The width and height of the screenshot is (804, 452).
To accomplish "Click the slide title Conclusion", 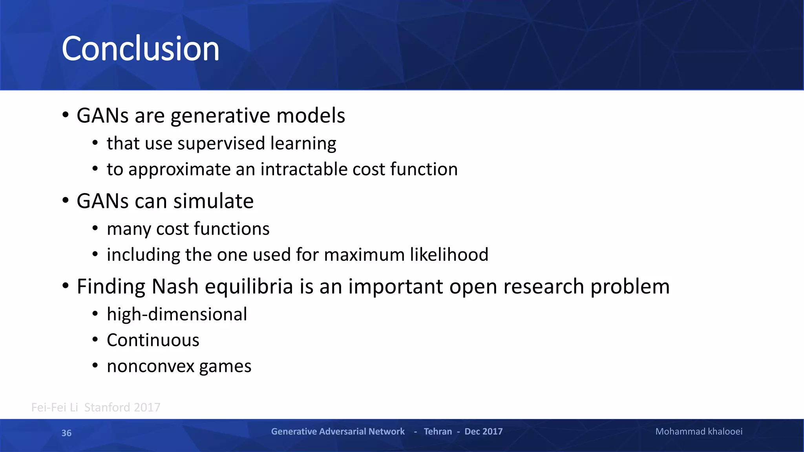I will (140, 49).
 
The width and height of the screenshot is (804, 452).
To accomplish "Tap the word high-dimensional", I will (177, 315).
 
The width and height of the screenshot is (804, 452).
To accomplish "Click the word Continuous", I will (153, 340).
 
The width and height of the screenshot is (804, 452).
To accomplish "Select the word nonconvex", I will (150, 366).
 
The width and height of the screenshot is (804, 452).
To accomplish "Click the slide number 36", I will (66, 433).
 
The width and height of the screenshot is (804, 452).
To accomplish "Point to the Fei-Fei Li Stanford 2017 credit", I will (95, 408).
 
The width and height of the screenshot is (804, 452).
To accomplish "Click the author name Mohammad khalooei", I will (699, 432).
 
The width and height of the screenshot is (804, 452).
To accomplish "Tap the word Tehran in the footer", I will (438, 432).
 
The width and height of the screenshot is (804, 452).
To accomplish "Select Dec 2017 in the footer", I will (483, 432).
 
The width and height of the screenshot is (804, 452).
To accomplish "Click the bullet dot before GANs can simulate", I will (66, 200).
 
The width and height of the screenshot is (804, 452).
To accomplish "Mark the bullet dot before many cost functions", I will (95, 228).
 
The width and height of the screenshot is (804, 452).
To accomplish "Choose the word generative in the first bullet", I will (220, 117).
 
